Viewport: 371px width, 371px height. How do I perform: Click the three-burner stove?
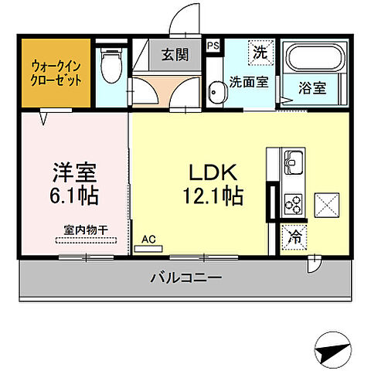pos(293,203)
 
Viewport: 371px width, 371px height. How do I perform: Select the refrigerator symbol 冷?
pos(295,237)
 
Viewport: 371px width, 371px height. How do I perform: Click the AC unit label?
pos(148,240)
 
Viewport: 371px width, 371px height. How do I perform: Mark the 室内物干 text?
pos(86,229)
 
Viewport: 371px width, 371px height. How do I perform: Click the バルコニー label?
pos(185,277)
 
